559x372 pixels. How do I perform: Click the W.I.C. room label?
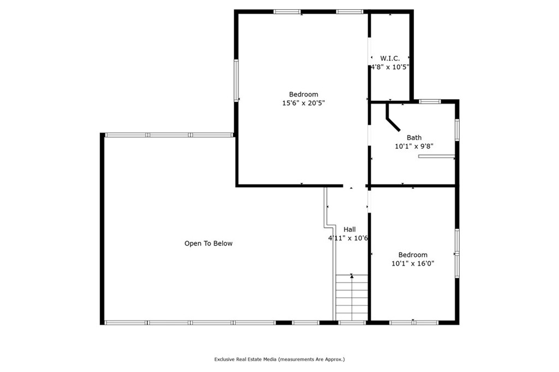pyautogui.click(x=390, y=58)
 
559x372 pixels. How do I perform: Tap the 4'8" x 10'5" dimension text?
pyautogui.click(x=390, y=67)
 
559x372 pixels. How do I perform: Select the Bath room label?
pyautogui.click(x=414, y=137)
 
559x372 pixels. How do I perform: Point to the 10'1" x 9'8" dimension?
pyautogui.click(x=414, y=146)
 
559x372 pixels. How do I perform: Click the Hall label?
pyautogui.click(x=349, y=230)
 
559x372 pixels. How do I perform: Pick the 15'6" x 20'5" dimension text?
pyautogui.click(x=304, y=103)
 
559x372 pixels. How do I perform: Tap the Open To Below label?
pyautogui.click(x=208, y=243)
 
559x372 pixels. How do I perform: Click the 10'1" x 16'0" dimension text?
pyautogui.click(x=413, y=263)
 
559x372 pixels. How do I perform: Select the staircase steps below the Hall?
pyautogui.click(x=352, y=297)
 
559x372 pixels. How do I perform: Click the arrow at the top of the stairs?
pyautogui.click(x=352, y=276)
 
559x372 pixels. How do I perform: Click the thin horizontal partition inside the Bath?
pyautogui.click(x=436, y=156)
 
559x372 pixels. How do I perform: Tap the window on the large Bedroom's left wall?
pyautogui.click(x=236, y=80)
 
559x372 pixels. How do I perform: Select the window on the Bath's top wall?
pyautogui.click(x=430, y=101)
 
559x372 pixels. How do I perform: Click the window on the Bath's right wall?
pyautogui.click(x=457, y=130)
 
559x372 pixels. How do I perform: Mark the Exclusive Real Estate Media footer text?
pyautogui.click(x=279, y=359)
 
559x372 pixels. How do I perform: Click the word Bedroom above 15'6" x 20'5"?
pyautogui.click(x=304, y=94)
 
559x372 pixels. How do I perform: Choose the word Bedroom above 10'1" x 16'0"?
pyautogui.click(x=413, y=255)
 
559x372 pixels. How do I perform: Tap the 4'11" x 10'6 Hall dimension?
pyautogui.click(x=348, y=238)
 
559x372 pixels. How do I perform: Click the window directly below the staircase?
pyautogui.click(x=352, y=323)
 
